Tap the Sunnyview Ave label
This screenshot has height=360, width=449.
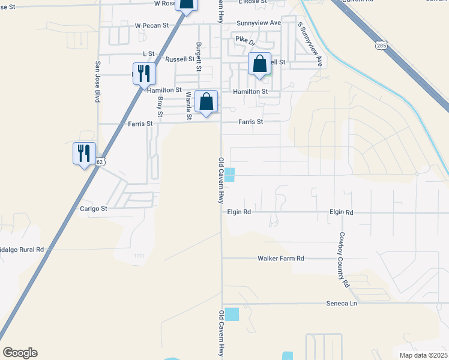[x=259, y=23]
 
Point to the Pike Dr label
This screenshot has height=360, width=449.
[x=245, y=41]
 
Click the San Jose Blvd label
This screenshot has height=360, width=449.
[x=97, y=82]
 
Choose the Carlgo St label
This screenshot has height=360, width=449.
[x=93, y=209]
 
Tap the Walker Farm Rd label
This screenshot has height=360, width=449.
[x=281, y=258]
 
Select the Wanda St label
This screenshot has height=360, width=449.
[x=188, y=106]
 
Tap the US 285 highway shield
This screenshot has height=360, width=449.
[x=382, y=45]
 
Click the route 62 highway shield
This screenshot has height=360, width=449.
[x=100, y=162]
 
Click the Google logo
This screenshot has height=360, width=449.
[x=20, y=353]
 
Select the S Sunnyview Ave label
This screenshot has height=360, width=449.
[x=310, y=45]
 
